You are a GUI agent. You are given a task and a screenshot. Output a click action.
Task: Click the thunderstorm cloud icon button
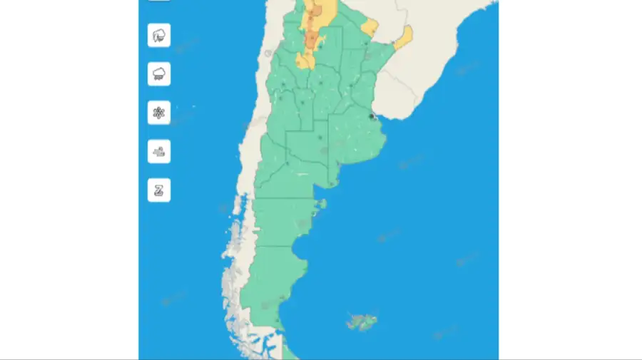tap(158, 35)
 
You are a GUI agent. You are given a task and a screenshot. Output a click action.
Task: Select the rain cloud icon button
tap(158, 73)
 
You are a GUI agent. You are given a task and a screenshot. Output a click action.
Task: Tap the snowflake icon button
tap(158, 113)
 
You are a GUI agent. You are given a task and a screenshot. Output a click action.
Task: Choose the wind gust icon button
tap(158, 151)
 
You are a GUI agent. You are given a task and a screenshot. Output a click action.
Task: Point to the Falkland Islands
tap(362, 322)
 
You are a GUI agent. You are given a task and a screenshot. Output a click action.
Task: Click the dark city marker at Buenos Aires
tap(371, 116)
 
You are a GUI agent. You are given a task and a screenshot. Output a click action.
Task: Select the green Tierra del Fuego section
tap(290, 351)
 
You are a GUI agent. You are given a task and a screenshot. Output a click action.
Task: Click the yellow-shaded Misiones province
tap(403, 36)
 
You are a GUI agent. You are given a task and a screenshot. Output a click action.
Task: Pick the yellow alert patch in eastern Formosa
tap(370, 27)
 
